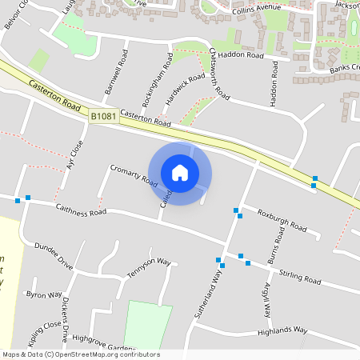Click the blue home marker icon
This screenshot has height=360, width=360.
[180, 172]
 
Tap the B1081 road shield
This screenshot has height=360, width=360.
[103, 116]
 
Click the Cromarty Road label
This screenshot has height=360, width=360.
[133, 175]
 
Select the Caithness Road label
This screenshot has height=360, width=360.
[81, 210]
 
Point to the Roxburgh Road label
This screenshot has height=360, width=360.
[282, 221]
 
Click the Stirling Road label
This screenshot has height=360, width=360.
[299, 278]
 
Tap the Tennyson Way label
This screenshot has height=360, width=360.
[146, 262]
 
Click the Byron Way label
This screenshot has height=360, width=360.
[44, 295]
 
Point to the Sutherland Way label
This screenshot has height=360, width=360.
[207, 295]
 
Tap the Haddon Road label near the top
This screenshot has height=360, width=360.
[241, 55]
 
